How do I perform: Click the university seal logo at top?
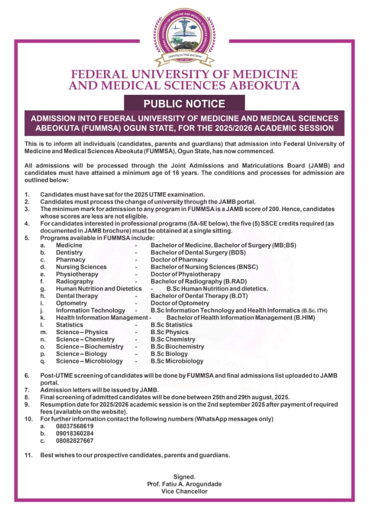pyautogui.click(x=184, y=35)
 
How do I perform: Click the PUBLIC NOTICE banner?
pyautogui.click(x=184, y=104)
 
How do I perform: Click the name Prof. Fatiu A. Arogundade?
pyautogui.click(x=184, y=484)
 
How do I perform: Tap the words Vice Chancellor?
pyautogui.click(x=184, y=492)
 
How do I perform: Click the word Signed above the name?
pyautogui.click(x=184, y=477)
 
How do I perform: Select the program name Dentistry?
pyautogui.click(x=69, y=252)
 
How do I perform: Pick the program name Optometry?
pyautogui.click(x=71, y=303)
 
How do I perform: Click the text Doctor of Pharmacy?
pyautogui.click(x=179, y=260)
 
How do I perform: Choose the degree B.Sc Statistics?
pyautogui.click(x=171, y=325)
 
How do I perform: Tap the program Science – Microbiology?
pyautogui.click(x=89, y=361)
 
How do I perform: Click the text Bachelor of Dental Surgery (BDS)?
pyautogui.click(x=198, y=252)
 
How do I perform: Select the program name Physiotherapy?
pyautogui.click(x=77, y=274)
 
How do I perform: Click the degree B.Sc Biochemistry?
pyautogui.click(x=177, y=347)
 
